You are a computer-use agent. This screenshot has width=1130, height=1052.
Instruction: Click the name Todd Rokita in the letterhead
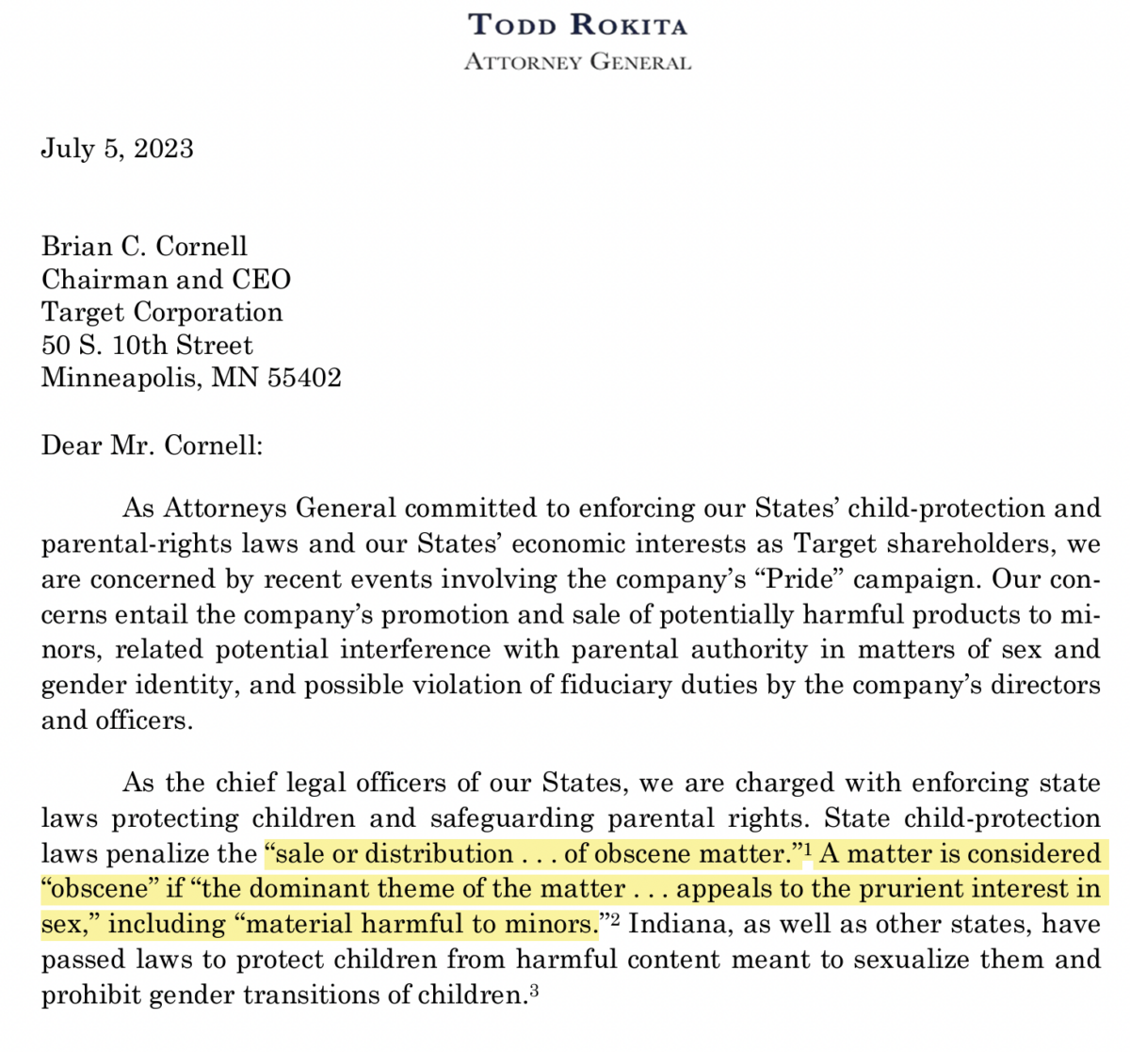coord(578,24)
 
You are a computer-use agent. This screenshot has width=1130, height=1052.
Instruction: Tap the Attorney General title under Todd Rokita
coord(578,62)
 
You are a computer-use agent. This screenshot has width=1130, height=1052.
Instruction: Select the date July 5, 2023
coord(117,149)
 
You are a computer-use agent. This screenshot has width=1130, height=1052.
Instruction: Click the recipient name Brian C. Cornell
coord(144,247)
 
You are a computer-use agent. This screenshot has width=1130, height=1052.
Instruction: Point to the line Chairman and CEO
coord(166,280)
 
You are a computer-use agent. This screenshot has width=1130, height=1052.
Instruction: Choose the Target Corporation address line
coord(162,313)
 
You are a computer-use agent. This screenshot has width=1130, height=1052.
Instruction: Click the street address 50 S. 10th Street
coord(147,346)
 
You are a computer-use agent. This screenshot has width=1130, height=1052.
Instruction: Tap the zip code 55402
coord(303,379)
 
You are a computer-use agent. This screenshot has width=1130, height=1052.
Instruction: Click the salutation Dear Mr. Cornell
coord(152,445)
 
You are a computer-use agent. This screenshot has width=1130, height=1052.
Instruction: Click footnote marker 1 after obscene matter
coord(808,850)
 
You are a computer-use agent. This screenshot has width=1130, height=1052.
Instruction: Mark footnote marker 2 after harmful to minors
coord(615,920)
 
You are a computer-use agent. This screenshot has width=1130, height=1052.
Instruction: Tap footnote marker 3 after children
coord(533,991)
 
